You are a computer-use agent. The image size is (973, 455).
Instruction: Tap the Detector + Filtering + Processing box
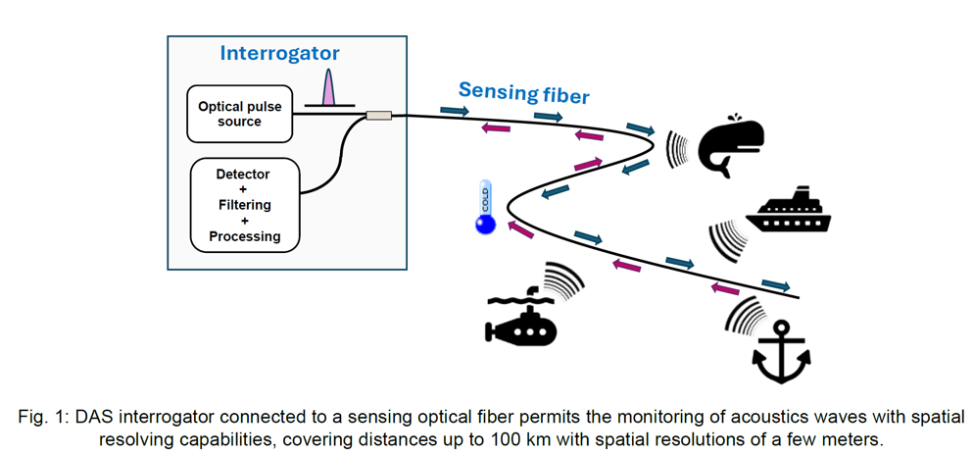(244, 205)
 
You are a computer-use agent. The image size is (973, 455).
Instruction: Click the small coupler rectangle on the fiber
(378, 116)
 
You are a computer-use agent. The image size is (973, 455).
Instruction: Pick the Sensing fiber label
(523, 93)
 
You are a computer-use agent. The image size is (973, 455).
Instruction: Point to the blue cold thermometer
(484, 208)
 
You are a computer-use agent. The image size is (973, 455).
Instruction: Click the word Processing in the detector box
(244, 236)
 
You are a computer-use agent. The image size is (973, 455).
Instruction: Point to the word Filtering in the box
(244, 205)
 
